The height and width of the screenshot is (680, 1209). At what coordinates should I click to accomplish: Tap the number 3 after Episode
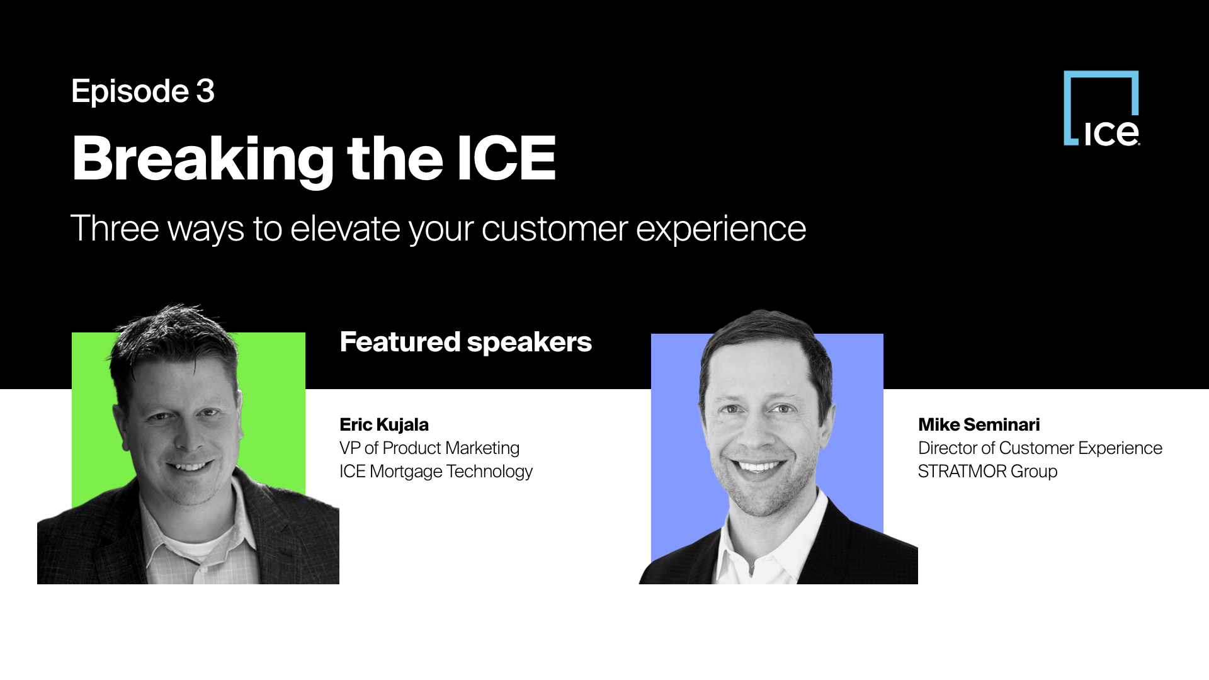[205, 91]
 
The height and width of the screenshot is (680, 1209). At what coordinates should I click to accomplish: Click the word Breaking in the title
[203, 160]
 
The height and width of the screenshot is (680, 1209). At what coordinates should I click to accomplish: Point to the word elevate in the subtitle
[345, 228]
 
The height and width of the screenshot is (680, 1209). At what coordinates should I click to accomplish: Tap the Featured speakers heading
[466, 343]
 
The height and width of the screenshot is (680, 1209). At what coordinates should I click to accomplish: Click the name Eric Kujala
[384, 425]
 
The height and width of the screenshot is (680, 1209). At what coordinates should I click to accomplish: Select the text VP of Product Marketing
[429, 448]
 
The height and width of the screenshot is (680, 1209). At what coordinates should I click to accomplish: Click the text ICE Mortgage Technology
[436, 472]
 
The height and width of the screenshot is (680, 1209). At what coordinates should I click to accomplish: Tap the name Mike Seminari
[979, 425]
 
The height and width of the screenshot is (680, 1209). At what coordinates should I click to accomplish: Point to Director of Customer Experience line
[1040, 448]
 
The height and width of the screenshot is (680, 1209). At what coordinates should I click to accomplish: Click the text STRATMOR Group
[987, 472]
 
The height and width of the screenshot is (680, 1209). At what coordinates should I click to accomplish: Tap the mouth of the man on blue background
[760, 467]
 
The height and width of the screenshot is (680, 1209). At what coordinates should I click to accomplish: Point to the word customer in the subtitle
[555, 229]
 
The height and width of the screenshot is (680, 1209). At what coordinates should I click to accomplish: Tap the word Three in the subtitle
[114, 228]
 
